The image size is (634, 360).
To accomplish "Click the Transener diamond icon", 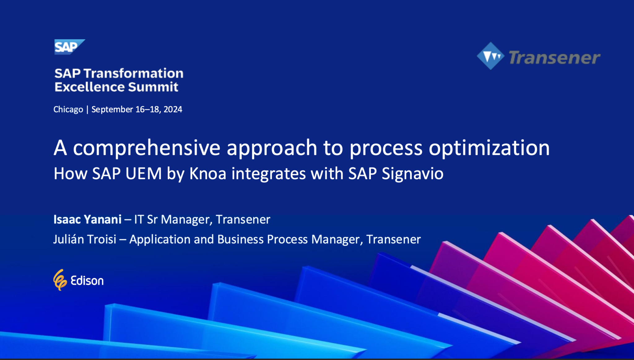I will pyautogui.click(x=491, y=56).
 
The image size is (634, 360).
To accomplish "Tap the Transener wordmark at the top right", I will pyautogui.click(x=554, y=58).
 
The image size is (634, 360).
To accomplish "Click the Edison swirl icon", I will pyautogui.click(x=60, y=280).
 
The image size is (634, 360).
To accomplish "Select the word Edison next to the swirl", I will pyautogui.click(x=87, y=281).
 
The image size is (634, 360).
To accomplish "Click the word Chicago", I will pyautogui.click(x=68, y=110).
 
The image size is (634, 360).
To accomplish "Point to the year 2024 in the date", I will pyautogui.click(x=173, y=110).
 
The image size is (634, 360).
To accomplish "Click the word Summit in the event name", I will pyautogui.click(x=153, y=87).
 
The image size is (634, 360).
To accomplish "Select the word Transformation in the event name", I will pyautogui.click(x=133, y=74).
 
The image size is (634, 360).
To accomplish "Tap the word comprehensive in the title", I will pyautogui.click(x=146, y=148).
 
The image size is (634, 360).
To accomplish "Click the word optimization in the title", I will pyautogui.click(x=489, y=148).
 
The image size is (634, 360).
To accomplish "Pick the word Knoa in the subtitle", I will pyautogui.click(x=208, y=174).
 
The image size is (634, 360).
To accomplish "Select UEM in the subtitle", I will pyautogui.click(x=143, y=174).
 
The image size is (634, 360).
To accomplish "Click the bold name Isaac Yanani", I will pyautogui.click(x=87, y=219).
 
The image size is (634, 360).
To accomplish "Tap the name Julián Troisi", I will pyautogui.click(x=85, y=239).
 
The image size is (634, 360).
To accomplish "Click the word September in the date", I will pyautogui.click(x=112, y=110).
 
